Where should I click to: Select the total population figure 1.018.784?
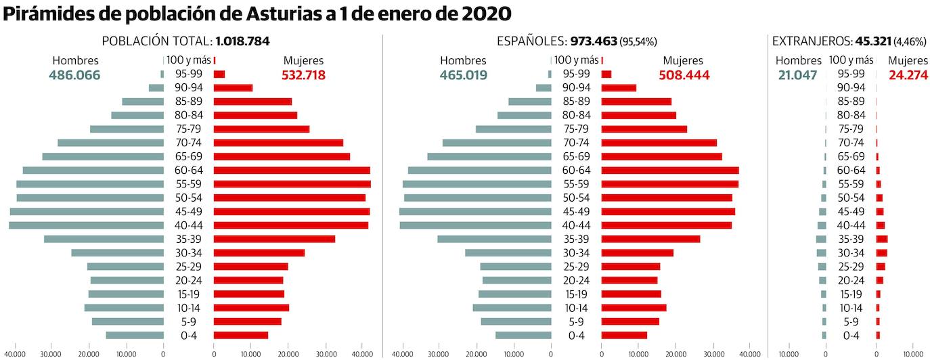pyautogui.click(x=243, y=41)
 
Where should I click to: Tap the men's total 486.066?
pyautogui.click(x=74, y=75)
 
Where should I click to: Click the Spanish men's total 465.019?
pyautogui.click(x=462, y=75)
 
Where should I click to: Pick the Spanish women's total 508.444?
pyautogui.click(x=684, y=75)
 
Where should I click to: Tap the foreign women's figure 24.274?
pyautogui.click(x=908, y=75)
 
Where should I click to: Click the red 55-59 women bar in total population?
pyautogui.click(x=292, y=184)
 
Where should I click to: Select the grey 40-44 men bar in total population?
pyautogui.click(x=86, y=225)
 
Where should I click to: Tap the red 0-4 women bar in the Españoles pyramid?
pyautogui.click(x=624, y=335)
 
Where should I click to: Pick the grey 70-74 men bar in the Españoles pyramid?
pyautogui.click(x=497, y=143)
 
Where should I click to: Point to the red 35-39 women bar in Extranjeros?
pyautogui.click(x=881, y=239)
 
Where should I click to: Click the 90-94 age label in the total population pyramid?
pyautogui.click(x=188, y=87)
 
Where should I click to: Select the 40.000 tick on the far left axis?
pyautogui.click(x=14, y=353)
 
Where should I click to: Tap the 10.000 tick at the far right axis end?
pyautogui.click(x=913, y=353)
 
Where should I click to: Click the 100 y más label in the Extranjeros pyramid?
pyautogui.click(x=851, y=60)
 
